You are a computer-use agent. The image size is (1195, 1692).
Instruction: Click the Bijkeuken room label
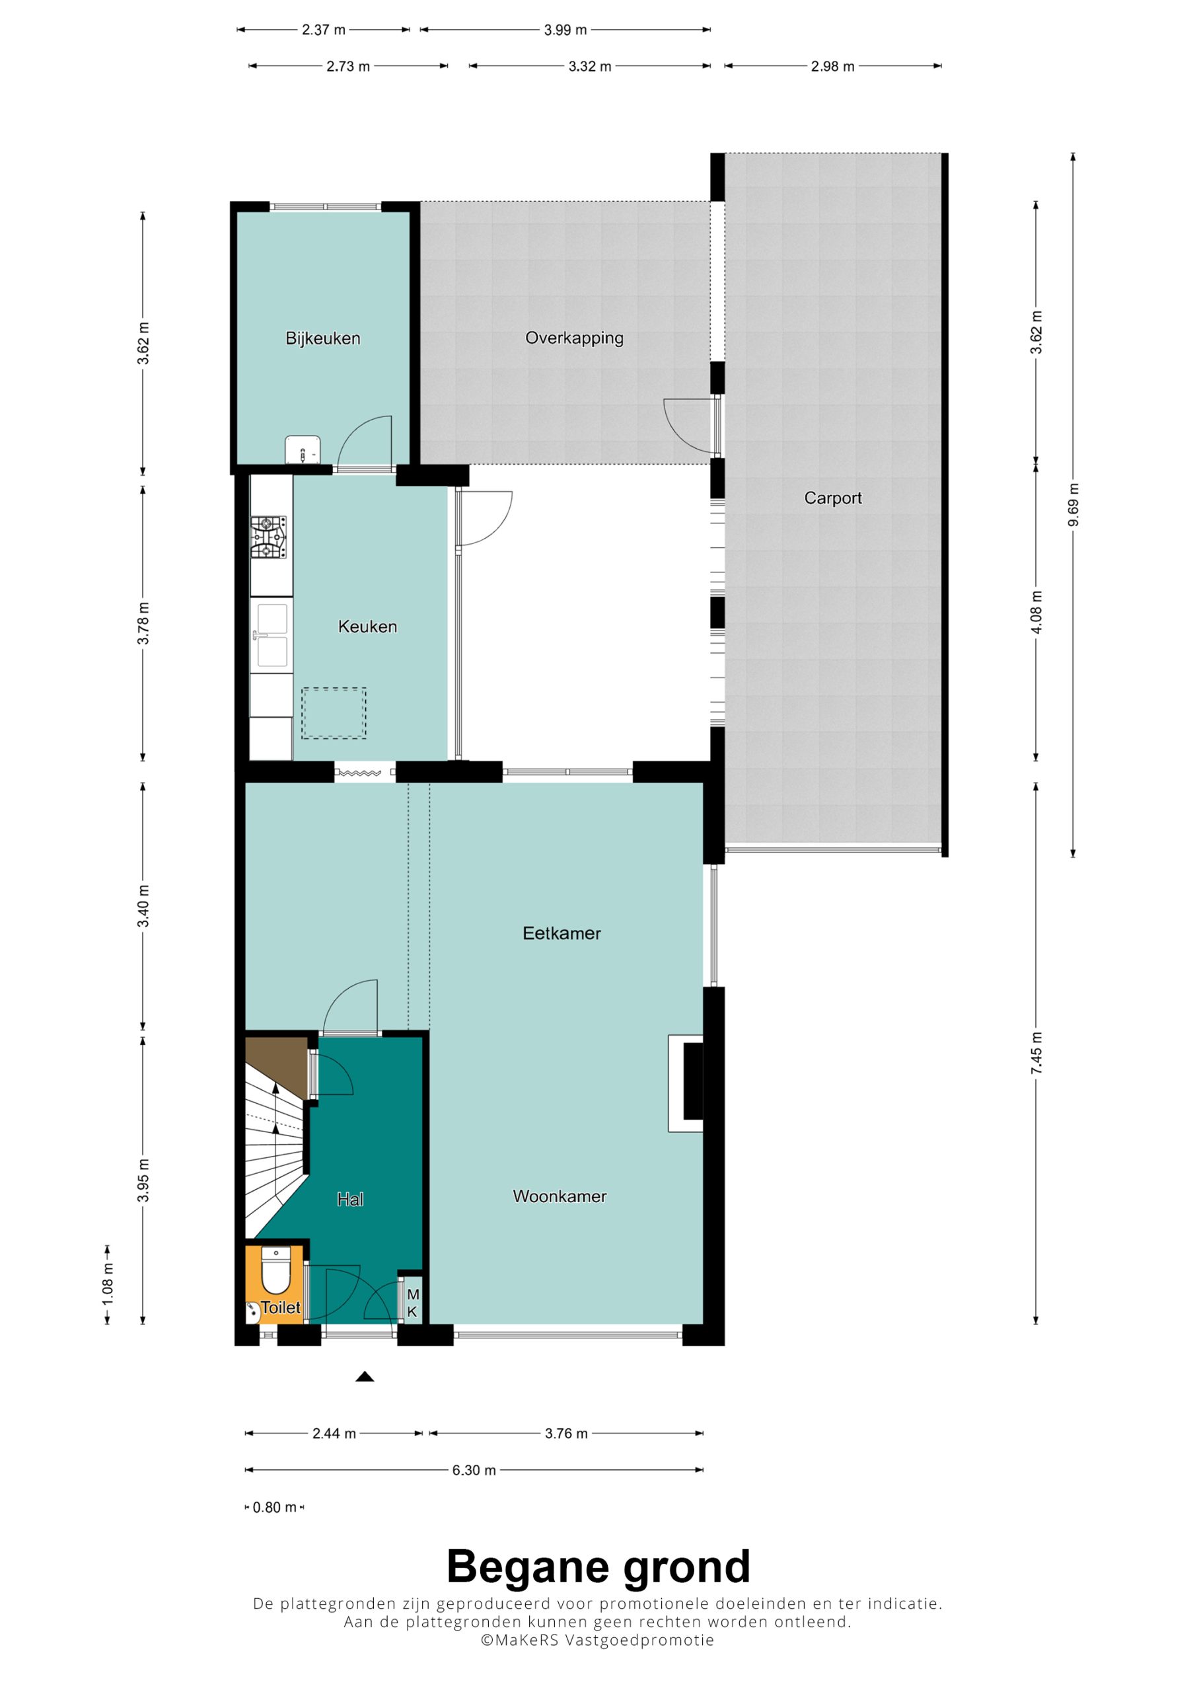pos(322,338)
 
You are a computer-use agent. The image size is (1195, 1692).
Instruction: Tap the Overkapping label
pos(574,338)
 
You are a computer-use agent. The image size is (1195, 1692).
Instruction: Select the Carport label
pos(832,498)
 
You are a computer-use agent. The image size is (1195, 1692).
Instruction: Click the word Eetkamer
pos(561,933)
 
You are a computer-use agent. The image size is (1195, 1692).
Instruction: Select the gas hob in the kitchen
pos(268,537)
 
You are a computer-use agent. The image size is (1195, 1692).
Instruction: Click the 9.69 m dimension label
pos(1073,505)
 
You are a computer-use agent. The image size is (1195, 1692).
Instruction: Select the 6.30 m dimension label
pos(474,1469)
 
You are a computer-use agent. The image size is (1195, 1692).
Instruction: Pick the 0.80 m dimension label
pos(274,1507)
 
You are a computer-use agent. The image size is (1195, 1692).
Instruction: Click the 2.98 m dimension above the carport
pos(832,66)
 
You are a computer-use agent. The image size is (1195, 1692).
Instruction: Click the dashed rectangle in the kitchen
pos(334,712)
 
